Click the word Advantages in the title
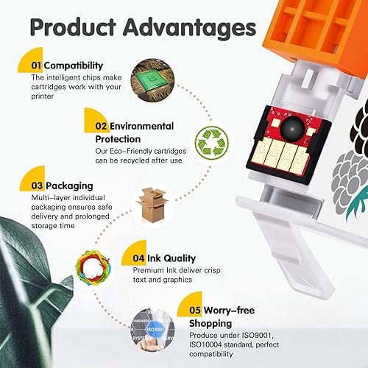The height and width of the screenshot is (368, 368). tap(190, 27)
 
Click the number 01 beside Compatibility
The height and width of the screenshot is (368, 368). tap(36, 66)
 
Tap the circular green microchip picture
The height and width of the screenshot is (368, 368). tap(152, 80)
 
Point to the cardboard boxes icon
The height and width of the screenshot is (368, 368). tap(152, 205)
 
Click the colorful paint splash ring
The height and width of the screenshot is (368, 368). tap(93, 267)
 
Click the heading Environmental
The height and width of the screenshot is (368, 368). tap(141, 126)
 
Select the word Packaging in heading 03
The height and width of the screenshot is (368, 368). tap(69, 186)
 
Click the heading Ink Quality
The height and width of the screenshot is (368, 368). tap(171, 258)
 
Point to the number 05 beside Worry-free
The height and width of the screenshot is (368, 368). tap(195, 311)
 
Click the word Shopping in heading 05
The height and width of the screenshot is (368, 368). tap(210, 324)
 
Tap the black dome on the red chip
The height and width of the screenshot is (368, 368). tap(292, 128)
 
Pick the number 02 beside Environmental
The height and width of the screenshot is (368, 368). tap(101, 126)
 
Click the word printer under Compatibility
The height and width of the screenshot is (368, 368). tap(42, 96)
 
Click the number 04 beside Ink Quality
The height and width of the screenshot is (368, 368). tap(138, 258)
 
